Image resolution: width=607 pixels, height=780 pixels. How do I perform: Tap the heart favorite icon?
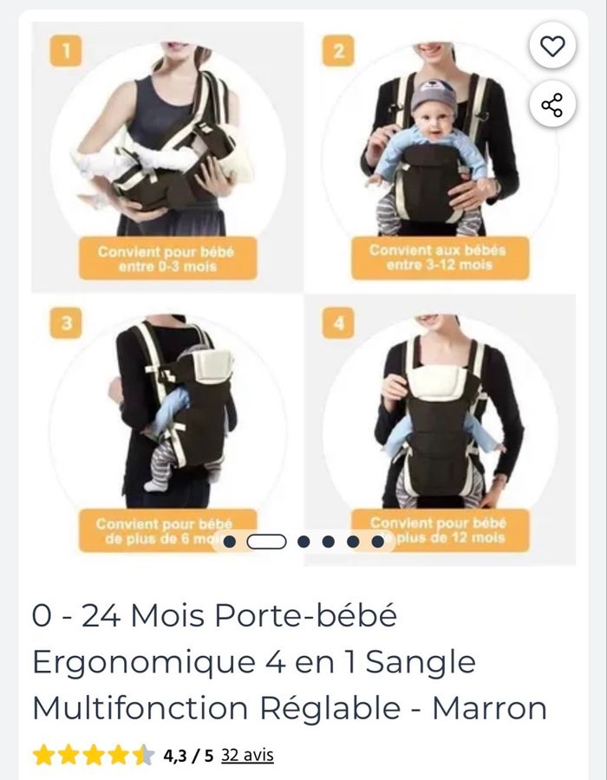point(552,46)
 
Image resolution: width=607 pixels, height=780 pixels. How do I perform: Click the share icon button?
point(552,105)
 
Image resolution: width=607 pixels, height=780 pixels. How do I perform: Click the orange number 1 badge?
point(65,51)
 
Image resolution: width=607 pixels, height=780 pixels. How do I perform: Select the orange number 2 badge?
point(338,51)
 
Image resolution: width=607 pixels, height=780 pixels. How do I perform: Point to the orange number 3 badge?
point(65,324)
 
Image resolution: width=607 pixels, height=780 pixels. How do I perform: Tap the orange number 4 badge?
point(338,324)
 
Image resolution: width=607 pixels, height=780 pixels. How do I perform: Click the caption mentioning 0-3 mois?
point(168,258)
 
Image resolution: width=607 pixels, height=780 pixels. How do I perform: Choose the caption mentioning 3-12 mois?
point(439,257)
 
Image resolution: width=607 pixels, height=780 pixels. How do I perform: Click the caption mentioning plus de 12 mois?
point(439,530)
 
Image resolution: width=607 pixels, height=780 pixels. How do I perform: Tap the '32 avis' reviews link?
point(247,755)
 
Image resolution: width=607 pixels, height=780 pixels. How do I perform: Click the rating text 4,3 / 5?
point(188,756)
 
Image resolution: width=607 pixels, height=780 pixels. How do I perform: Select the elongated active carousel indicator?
point(266,542)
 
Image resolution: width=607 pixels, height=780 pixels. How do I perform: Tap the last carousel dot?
point(378,542)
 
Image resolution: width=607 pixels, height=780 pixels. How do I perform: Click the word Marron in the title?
point(489,708)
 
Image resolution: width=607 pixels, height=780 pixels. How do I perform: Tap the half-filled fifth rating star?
point(143,756)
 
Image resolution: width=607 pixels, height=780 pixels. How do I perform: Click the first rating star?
point(42,756)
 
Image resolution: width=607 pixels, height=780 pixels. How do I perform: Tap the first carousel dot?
point(230,542)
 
